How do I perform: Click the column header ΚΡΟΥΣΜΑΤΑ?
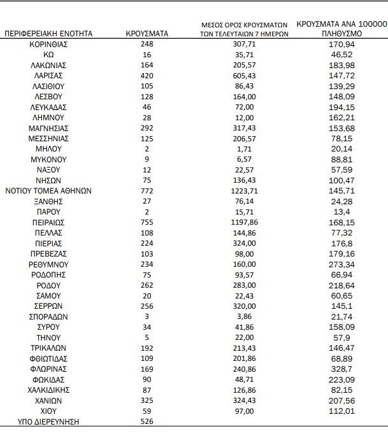click(x=147, y=34)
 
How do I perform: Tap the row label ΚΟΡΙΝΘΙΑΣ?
click(x=49, y=45)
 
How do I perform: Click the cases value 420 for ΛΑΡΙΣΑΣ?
click(x=147, y=75)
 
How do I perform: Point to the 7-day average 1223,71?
click(x=246, y=190)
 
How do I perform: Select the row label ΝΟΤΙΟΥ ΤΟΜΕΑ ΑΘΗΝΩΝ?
click(x=49, y=190)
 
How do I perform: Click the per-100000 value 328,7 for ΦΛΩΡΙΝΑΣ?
click(x=338, y=369)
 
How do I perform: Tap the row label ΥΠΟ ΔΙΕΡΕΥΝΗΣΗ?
click(x=49, y=421)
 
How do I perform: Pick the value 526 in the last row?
click(x=147, y=421)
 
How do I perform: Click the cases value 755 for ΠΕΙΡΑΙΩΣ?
click(x=147, y=223)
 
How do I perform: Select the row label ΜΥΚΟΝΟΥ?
click(x=49, y=159)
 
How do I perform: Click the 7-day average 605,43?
click(x=246, y=75)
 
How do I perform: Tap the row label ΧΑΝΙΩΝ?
click(x=49, y=400)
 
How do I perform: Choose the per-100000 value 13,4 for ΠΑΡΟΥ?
click(x=338, y=212)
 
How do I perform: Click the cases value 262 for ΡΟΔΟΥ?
click(x=147, y=285)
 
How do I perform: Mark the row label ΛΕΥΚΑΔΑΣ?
click(x=49, y=107)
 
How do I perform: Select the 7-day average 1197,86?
click(x=246, y=223)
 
